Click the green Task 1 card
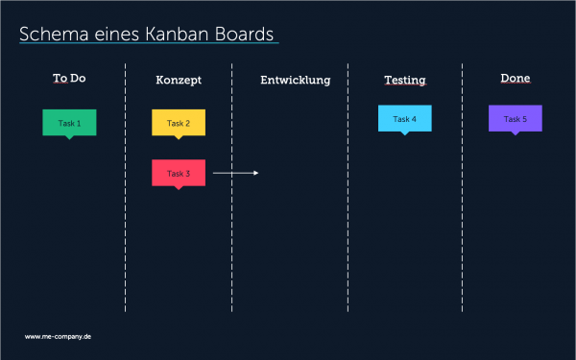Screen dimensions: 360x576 coord(69,123)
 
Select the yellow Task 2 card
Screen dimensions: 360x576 coord(179,123)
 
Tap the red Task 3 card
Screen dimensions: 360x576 coord(179,173)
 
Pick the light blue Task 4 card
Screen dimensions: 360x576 coord(405,118)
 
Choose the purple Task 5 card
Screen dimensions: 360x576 coord(515,118)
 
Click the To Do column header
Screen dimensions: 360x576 coord(69,78)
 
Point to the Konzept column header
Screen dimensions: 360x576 coord(179,80)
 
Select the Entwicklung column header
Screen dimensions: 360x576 coord(295,80)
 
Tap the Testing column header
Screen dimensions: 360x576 coord(404,80)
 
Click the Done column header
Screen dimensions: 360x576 coord(516,78)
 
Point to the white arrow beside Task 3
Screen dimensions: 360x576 coord(236,173)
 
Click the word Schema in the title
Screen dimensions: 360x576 coord(52,34)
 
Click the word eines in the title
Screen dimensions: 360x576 coord(115,34)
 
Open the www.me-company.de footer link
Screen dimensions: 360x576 coord(58,337)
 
